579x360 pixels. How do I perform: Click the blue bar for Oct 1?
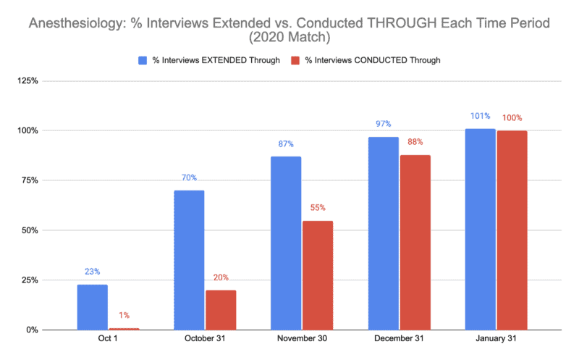click(x=92, y=307)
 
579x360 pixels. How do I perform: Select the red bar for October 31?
click(x=221, y=310)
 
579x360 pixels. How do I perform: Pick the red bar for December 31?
click(x=415, y=242)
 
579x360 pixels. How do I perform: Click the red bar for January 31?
click(x=512, y=230)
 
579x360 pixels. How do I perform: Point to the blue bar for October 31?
click(x=189, y=260)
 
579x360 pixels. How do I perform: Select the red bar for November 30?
click(x=318, y=275)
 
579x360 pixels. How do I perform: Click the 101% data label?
click(x=480, y=116)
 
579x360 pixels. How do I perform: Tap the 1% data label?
click(x=124, y=315)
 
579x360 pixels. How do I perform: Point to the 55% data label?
click(x=318, y=207)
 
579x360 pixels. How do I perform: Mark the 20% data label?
click(x=221, y=277)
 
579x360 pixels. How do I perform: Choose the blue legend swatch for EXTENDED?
click(x=144, y=60)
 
